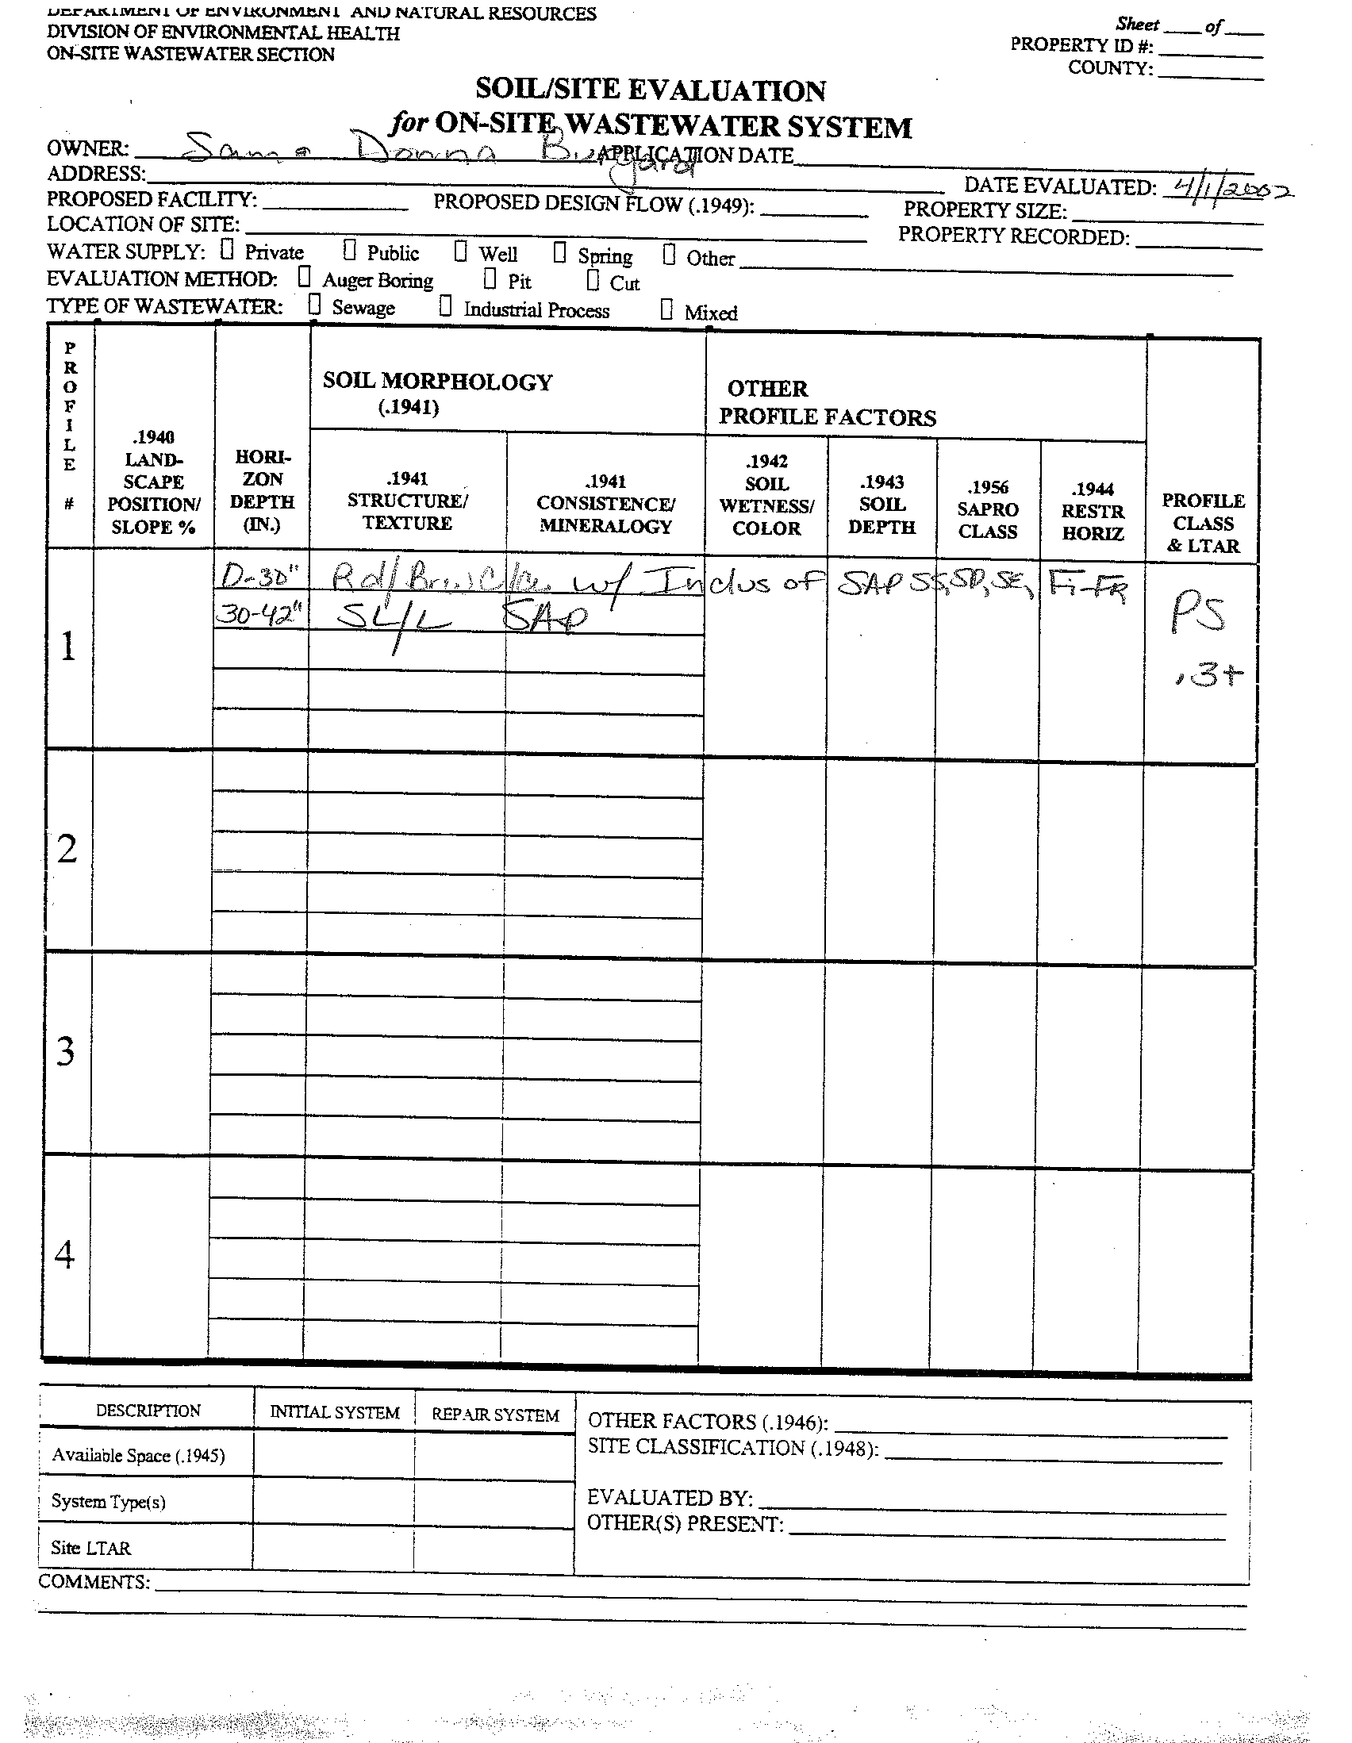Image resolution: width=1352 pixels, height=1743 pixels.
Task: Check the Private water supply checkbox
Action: [228, 250]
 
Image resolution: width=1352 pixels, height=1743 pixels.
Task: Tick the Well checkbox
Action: [460, 251]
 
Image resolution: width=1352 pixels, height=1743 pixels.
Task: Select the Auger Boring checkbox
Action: [304, 277]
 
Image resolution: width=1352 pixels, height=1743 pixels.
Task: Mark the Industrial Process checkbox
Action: [445, 306]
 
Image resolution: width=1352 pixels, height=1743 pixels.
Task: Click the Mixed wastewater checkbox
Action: [666, 309]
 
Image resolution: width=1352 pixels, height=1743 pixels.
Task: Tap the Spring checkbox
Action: [559, 253]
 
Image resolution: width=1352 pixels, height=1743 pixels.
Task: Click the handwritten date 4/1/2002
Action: [1227, 190]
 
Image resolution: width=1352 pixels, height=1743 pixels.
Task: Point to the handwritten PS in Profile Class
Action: [1197, 615]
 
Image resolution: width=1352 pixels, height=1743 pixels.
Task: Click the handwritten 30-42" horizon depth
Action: [260, 615]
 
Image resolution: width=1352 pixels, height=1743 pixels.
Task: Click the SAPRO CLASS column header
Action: [988, 509]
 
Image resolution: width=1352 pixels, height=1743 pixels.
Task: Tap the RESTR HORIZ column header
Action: [1093, 511]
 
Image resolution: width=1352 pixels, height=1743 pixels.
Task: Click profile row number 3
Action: [66, 1051]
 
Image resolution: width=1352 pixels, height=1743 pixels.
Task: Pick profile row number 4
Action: [64, 1254]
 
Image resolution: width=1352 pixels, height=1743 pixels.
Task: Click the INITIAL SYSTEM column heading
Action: [334, 1413]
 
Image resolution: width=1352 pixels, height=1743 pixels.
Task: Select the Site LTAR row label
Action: [90, 1549]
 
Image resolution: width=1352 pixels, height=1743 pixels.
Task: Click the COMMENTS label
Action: [94, 1582]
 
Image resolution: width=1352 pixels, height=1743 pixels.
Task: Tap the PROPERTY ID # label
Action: [1081, 44]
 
